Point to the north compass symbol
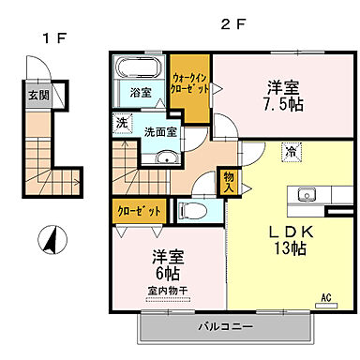48,240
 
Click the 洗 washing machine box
122,122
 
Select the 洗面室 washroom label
159,132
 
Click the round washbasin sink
167,158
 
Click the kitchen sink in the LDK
307,195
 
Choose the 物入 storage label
227,181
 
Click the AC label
327,297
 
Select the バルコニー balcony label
229,328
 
